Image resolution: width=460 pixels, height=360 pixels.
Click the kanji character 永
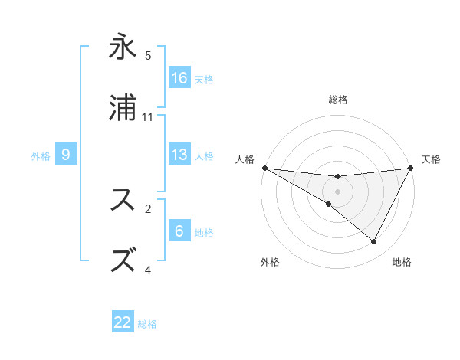click(x=123, y=49)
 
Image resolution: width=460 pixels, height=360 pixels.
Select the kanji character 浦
click(x=123, y=110)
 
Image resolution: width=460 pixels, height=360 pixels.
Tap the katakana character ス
click(x=123, y=201)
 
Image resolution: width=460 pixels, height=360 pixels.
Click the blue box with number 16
click(x=179, y=78)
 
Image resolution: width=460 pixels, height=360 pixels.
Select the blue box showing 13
click(x=179, y=155)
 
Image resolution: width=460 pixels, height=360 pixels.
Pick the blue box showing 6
click(x=179, y=231)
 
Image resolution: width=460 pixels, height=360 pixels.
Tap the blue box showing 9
click(x=67, y=155)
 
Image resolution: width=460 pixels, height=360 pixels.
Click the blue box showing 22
click(x=123, y=322)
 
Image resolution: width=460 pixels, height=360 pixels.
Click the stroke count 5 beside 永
click(x=148, y=55)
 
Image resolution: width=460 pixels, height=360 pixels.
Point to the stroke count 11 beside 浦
click(x=148, y=116)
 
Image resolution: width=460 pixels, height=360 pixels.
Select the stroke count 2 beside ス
click(x=148, y=208)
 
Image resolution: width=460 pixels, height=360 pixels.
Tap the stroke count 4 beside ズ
click(x=148, y=269)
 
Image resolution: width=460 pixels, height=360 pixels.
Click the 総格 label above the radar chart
click(x=338, y=100)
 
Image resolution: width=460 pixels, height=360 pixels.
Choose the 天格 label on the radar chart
click(x=432, y=159)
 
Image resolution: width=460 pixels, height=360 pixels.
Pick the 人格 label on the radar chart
click(x=244, y=159)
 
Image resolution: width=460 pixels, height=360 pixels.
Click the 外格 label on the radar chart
click(x=270, y=263)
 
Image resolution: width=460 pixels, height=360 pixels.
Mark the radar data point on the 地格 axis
click(x=374, y=242)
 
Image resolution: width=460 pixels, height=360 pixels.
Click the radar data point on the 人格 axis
click(x=264, y=168)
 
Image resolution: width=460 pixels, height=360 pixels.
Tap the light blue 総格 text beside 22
click(x=147, y=324)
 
